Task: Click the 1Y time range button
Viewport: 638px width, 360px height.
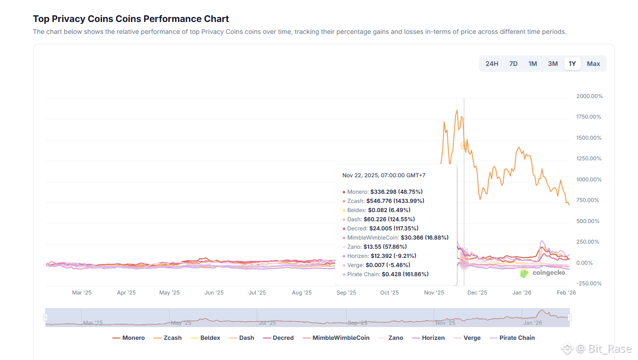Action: (x=572, y=64)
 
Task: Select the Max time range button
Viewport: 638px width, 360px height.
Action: (x=593, y=64)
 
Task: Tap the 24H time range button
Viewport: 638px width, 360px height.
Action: (x=491, y=64)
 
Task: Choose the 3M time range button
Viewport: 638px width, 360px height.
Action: (x=553, y=64)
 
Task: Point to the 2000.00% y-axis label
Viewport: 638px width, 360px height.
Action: (x=589, y=96)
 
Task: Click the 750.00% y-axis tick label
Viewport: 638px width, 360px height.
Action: (x=587, y=200)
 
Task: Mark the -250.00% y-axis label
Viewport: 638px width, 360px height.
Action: (x=588, y=284)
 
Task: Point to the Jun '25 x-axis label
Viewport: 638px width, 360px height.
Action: (x=214, y=293)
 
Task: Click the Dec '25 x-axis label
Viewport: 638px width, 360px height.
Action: (x=477, y=293)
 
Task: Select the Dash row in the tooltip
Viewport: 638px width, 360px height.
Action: (x=381, y=219)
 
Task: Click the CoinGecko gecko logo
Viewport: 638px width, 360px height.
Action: (x=524, y=273)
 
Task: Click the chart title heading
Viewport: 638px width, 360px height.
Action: (x=131, y=19)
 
